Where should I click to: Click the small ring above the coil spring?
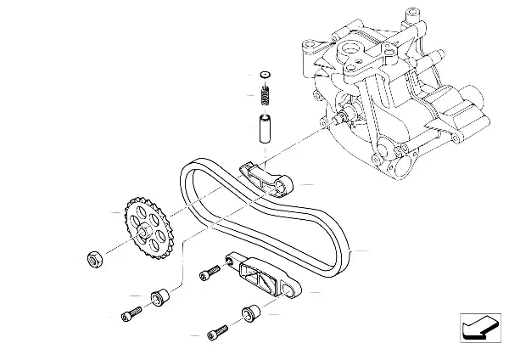tap(264, 75)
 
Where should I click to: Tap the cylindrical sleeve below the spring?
tap(263, 127)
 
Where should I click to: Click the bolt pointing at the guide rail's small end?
tap(208, 274)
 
